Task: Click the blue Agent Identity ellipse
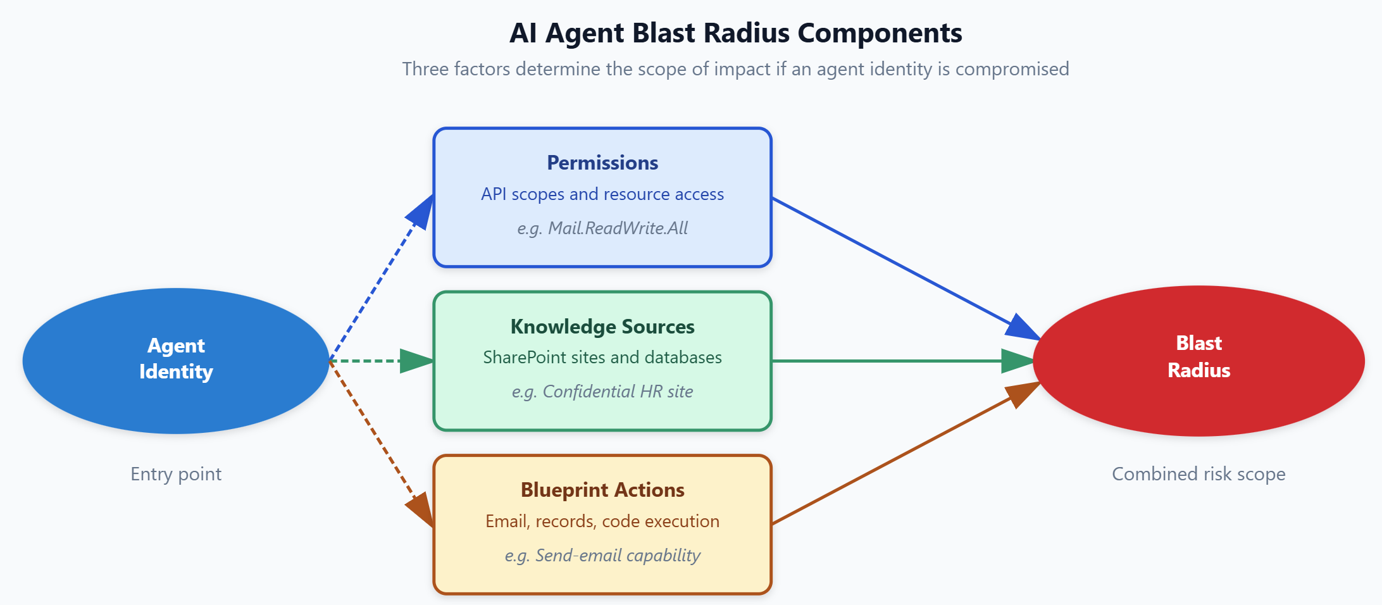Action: click(x=176, y=361)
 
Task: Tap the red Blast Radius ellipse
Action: click(x=1198, y=361)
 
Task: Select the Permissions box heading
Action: click(x=602, y=163)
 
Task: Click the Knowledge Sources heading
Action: click(x=602, y=327)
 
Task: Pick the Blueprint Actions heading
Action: click(x=602, y=490)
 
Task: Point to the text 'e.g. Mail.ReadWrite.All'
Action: click(x=602, y=228)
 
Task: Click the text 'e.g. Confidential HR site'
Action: click(x=602, y=391)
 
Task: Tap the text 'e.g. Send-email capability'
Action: click(x=602, y=555)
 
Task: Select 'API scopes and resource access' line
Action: click(x=602, y=194)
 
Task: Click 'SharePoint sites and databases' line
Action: click(x=602, y=358)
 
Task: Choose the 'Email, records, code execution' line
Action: click(x=602, y=521)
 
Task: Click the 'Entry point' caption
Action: click(x=176, y=474)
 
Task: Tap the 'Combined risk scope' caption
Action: click(x=1198, y=474)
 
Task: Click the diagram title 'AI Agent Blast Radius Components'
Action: click(x=736, y=33)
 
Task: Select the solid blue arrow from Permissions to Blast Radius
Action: click(x=906, y=268)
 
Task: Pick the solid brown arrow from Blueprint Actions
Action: click(x=906, y=453)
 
